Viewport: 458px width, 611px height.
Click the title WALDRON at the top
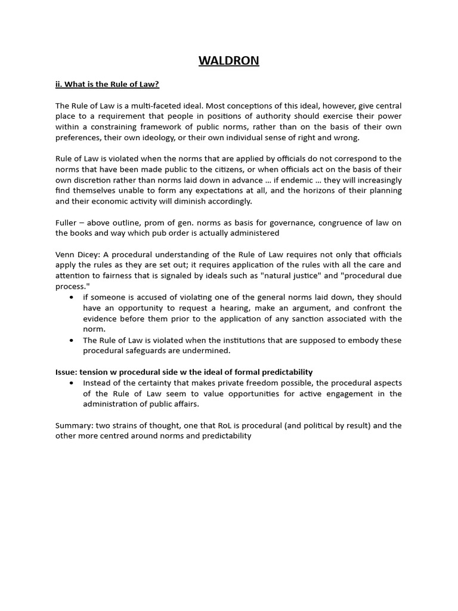[x=229, y=61]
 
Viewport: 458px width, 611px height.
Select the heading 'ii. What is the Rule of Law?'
[x=107, y=84]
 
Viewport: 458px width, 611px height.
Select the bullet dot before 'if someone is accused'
[x=72, y=297]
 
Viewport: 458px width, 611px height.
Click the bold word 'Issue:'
[x=66, y=372]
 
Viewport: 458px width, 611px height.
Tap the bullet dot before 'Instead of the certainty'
[x=72, y=383]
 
